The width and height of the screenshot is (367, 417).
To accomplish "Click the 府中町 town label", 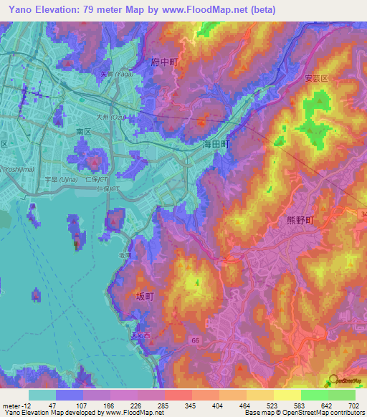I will coord(165,63).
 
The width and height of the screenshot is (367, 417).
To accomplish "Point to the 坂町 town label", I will coord(146,296).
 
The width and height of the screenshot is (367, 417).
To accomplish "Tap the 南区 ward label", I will coord(84,133).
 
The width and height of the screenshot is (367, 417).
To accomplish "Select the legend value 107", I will coord(70,406).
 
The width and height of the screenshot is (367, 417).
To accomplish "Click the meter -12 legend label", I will coord(15,406).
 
